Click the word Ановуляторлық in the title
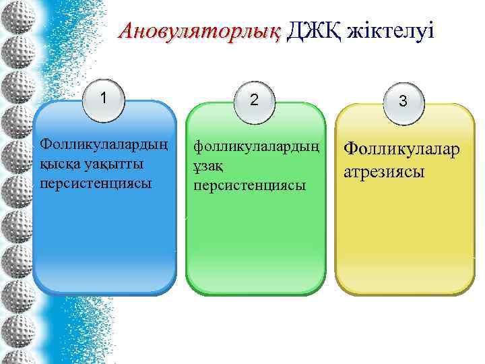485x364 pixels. click(200, 31)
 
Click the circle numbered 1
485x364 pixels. click(104, 98)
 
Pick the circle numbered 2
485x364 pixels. click(253, 100)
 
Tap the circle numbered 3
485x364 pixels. click(402, 102)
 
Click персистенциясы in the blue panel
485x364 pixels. click(95, 183)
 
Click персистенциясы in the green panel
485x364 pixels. click(249, 185)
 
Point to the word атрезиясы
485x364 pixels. click(384, 171)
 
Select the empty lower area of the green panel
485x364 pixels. click(255, 249)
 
